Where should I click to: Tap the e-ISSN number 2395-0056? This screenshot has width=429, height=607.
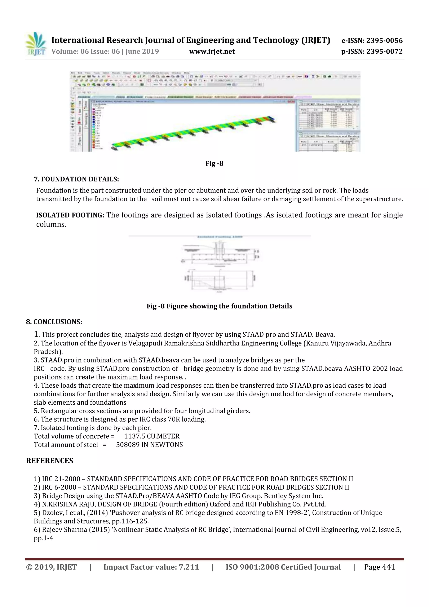click(384, 41)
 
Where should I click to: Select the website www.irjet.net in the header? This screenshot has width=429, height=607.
click(212, 52)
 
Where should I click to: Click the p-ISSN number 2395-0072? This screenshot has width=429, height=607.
click(384, 52)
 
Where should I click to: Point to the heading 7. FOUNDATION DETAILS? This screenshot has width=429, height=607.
click(76, 179)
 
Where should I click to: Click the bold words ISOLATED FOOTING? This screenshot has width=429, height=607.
click(70, 215)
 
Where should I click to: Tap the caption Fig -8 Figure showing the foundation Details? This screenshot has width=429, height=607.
click(219, 306)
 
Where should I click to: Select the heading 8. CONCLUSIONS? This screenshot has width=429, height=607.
click(54, 322)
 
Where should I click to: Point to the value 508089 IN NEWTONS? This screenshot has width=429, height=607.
click(149, 445)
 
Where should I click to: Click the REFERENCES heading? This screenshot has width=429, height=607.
click(50, 461)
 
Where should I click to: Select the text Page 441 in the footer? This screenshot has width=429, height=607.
click(379, 567)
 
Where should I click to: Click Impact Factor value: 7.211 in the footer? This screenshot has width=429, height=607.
click(151, 567)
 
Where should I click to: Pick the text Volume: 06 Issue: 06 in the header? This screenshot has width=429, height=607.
click(86, 52)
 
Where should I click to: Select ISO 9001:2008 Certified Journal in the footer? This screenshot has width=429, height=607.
click(283, 567)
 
